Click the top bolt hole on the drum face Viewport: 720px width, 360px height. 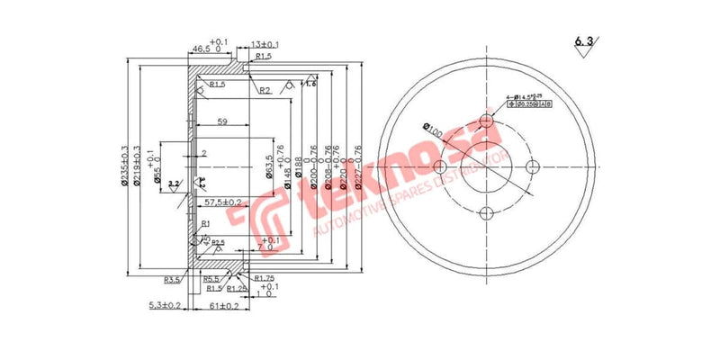point(487,122)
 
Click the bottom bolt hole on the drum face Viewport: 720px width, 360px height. point(487,213)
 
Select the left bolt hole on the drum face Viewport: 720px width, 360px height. point(441,168)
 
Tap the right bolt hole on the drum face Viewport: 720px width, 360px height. point(533,168)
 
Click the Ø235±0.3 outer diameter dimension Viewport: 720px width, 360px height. point(125,166)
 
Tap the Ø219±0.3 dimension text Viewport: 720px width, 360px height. point(138,166)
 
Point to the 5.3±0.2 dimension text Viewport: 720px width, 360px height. point(166,307)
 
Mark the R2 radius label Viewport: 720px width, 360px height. point(264,91)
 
